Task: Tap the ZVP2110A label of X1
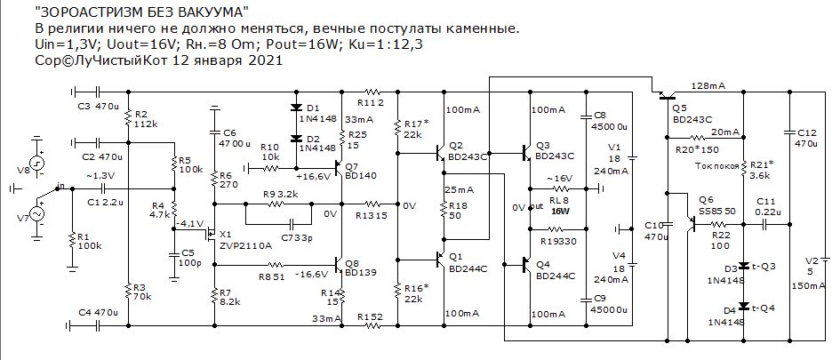(x=245, y=244)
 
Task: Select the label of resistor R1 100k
(x=89, y=242)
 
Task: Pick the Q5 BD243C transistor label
(x=692, y=111)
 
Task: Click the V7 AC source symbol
(x=37, y=213)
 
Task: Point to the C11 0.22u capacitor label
(x=769, y=207)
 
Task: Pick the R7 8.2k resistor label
(x=230, y=297)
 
